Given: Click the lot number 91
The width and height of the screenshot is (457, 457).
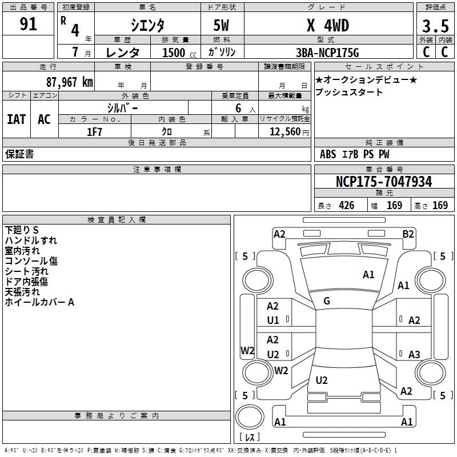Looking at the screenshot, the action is point(28,24).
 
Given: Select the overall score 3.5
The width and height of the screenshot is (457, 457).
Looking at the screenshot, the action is point(435,26).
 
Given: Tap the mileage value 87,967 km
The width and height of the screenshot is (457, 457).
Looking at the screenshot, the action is point(70,82).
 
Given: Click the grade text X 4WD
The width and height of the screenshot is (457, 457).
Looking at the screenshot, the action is point(328,25).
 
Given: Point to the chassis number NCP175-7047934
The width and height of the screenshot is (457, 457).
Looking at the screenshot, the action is point(384,182).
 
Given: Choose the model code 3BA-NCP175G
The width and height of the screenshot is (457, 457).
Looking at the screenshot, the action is point(327,53).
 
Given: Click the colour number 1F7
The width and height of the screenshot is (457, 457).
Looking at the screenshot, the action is point(94,132).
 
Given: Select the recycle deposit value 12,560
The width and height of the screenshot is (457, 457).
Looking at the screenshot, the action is point(285,132).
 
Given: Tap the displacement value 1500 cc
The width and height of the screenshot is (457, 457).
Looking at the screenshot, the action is point(179,53).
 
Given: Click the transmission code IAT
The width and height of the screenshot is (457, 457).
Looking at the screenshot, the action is point(17,119).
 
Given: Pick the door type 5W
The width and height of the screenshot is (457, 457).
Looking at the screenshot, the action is point(221,25).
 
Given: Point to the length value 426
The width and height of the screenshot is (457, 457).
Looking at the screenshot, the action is point(347,206).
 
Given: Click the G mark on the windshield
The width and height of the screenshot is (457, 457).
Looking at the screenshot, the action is point(327,301).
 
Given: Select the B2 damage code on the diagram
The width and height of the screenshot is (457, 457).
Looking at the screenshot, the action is point(408,234).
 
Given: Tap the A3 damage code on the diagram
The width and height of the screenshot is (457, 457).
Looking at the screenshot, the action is point(414,354).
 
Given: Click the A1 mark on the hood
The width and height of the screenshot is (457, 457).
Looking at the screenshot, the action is point(368,275).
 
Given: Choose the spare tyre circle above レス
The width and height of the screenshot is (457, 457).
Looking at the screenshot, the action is point(250,417).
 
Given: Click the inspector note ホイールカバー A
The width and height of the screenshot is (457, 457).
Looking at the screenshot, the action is point(39,302).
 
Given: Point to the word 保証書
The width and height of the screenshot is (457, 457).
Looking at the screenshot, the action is point(19,154).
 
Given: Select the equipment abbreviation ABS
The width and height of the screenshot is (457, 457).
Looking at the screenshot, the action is point(328,154).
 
